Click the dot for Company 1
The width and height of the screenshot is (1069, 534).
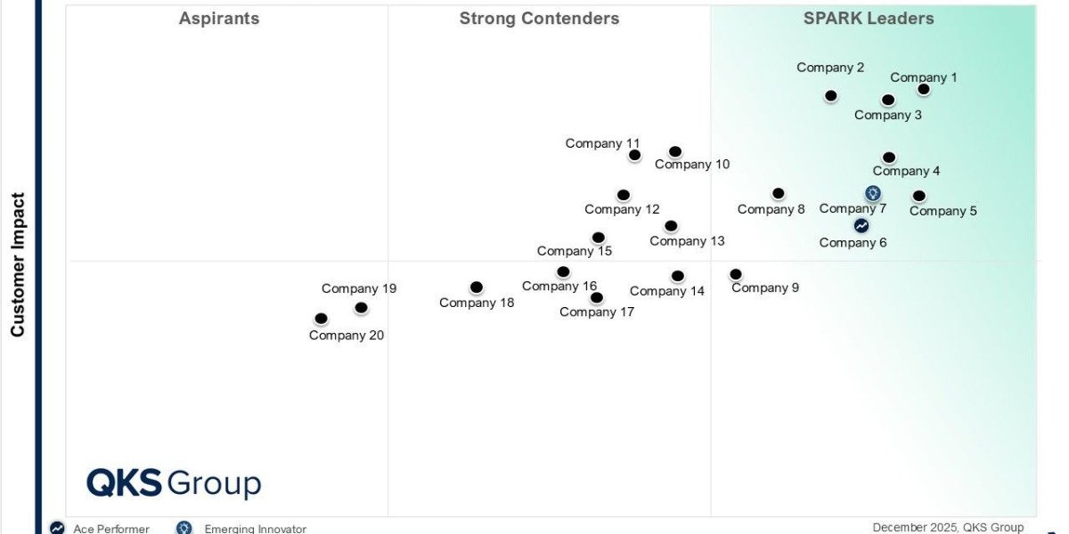924,89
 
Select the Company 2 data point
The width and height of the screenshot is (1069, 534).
831,95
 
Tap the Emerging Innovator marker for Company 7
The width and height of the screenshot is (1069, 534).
873,193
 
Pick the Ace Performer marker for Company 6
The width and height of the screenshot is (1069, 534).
861,226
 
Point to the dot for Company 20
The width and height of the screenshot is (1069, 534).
322,319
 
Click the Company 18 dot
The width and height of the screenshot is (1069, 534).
477,287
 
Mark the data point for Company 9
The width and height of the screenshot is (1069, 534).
736,274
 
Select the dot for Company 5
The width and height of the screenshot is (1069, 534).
919,196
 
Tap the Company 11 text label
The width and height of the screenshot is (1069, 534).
602,143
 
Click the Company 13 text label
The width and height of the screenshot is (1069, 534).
687,241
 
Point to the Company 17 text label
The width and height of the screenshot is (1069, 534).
597,312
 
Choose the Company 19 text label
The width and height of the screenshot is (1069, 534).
359,288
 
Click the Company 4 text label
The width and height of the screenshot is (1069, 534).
906,171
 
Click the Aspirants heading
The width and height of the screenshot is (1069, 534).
219,19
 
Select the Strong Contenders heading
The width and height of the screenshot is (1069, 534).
539,19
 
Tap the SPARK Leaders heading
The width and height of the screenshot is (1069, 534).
869,19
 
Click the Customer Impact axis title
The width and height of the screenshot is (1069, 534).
18,265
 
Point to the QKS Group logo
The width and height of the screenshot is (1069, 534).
174,483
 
